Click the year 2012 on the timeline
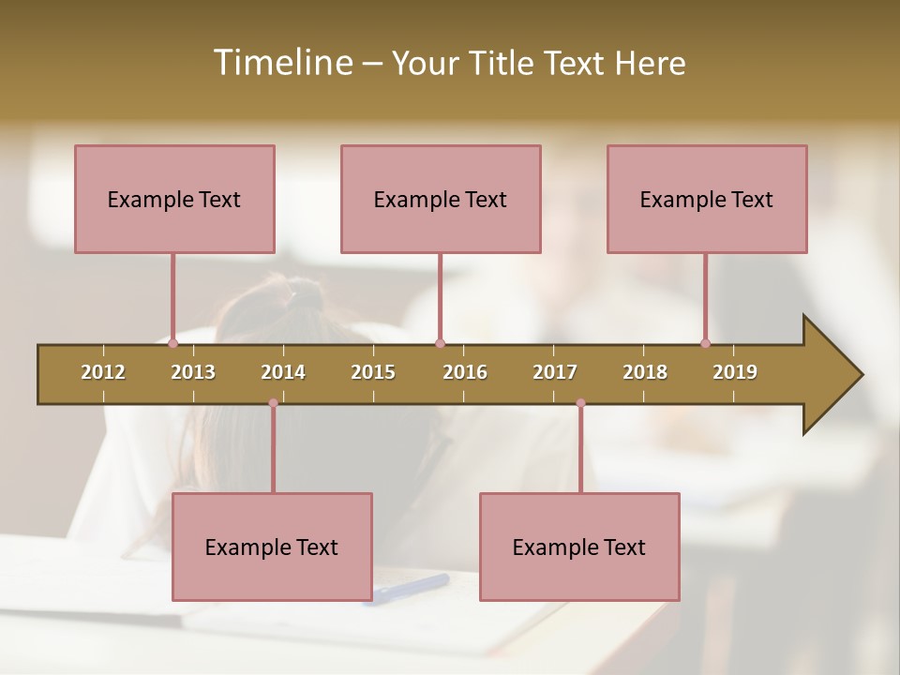pos(103,372)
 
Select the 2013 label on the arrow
pos(193,372)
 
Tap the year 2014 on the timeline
pos(283,372)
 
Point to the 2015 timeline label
pos(373,372)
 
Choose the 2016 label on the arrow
pos(465,372)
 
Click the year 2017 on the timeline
pos(555,372)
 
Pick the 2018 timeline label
pos(645,372)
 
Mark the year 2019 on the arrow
pos(735,372)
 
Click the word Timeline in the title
pos(281,63)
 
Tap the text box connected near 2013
pos(174,199)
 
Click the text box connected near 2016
pos(441,199)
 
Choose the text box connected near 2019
pos(707,199)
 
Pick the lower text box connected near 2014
pos(272,547)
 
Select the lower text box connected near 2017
pos(579,547)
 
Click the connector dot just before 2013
pos(173,343)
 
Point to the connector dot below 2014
pos(273,403)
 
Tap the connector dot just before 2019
pos(706,343)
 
